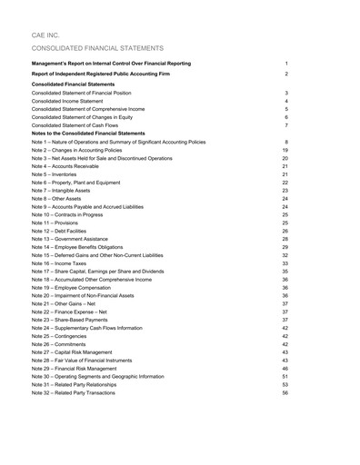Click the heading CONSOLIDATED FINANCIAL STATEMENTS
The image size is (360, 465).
[x=97, y=47]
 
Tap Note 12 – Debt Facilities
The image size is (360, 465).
[x=70, y=231]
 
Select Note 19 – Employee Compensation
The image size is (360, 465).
[x=82, y=287]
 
